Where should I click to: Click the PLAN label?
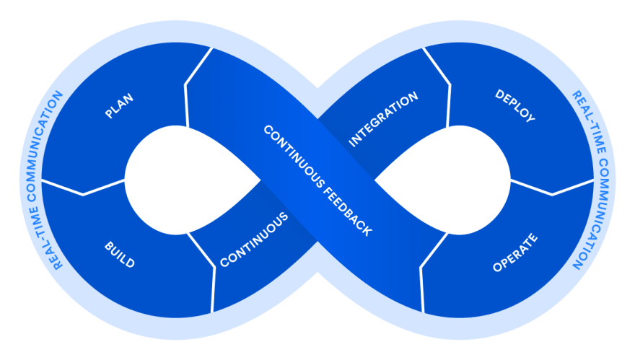coord(119,106)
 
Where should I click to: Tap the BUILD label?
coord(120,255)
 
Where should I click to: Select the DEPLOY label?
coord(515,106)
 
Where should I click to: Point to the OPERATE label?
coord(515,253)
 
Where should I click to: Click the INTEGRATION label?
coord(383,119)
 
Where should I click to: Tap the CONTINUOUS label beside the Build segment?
coord(254,240)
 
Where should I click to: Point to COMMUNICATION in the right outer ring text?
coord(594,214)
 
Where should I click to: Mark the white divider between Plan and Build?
coord(83,188)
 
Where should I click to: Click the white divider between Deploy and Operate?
coord(552,188)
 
